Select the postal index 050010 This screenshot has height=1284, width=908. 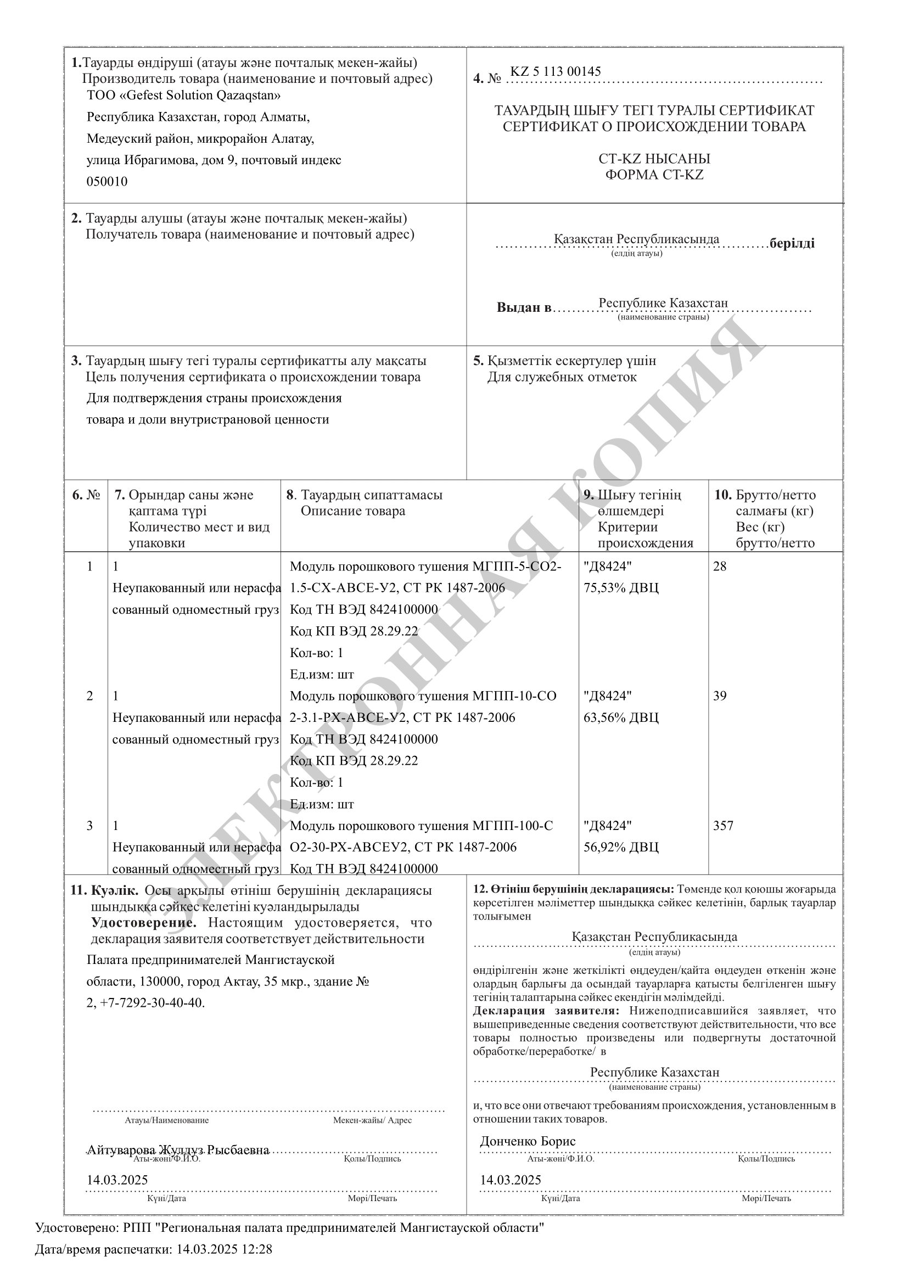click(107, 182)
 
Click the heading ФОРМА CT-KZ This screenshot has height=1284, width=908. click(654, 175)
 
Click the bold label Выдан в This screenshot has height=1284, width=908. click(524, 307)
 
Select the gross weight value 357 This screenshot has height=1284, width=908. click(723, 826)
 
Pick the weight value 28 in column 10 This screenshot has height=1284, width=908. click(720, 567)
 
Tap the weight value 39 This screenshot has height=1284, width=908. click(720, 696)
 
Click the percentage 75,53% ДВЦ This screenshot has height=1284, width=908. click(621, 588)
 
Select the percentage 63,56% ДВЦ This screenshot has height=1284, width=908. click(621, 717)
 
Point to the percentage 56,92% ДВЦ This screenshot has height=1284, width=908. click(621, 847)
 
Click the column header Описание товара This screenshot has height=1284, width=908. click(353, 511)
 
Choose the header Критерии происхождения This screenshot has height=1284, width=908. click(644, 535)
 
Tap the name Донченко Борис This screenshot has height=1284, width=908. click(527, 1141)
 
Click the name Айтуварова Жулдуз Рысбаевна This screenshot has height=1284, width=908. click(178, 1150)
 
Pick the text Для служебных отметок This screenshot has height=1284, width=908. click(562, 377)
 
